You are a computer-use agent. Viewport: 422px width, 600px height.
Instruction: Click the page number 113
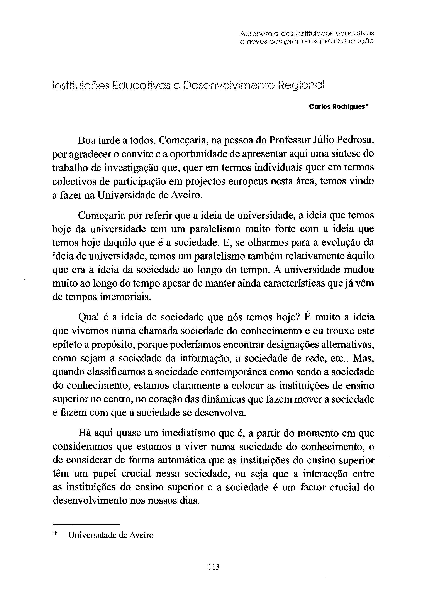214,567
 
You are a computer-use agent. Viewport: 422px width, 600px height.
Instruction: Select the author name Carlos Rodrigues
337,107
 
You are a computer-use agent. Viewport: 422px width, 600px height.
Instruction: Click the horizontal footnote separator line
86,524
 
